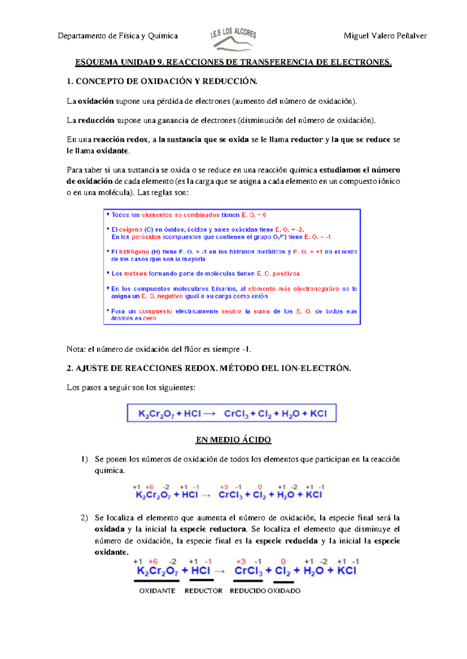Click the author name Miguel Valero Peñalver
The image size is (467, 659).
point(385,36)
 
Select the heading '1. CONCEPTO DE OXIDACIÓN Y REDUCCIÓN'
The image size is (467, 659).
point(162,81)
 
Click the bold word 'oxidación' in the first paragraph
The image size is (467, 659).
point(96,101)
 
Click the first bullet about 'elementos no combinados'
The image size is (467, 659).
point(188,215)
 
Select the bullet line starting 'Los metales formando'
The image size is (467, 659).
point(205,274)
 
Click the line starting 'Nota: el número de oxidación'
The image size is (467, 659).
point(159,349)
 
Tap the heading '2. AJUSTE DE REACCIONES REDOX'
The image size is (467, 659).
point(209,368)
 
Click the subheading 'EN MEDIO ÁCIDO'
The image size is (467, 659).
point(233,440)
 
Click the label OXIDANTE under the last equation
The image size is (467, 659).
point(157,591)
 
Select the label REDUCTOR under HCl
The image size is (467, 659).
point(203,591)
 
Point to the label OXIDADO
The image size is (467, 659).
point(284,591)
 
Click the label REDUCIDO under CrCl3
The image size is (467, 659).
point(248,591)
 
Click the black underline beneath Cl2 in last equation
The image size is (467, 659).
point(283,582)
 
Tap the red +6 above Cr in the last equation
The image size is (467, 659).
point(153,561)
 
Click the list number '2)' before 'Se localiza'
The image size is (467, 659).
point(84,518)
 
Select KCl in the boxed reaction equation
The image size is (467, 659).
point(318,414)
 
